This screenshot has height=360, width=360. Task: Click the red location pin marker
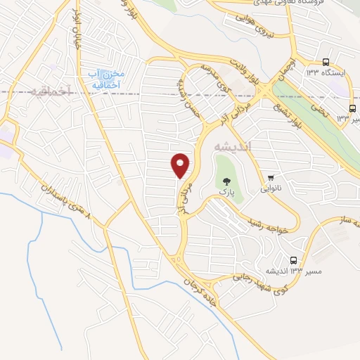pos(181,165)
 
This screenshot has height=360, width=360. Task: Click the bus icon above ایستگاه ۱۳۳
pos(326,63)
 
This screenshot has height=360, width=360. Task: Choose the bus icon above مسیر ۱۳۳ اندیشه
pos(293,259)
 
